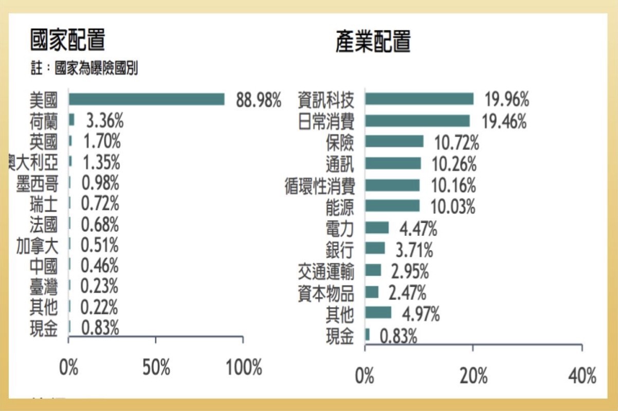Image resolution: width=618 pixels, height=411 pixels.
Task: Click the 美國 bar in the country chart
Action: [147, 99]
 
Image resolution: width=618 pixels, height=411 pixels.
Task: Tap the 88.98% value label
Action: [259, 100]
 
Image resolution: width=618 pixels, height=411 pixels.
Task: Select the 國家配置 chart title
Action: [67, 41]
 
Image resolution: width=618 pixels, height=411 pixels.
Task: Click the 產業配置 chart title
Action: [373, 41]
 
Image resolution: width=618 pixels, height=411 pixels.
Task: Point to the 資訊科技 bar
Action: [419, 99]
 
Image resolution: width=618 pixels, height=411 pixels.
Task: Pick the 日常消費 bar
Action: [417, 121]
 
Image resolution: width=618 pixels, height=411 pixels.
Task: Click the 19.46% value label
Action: [504, 122]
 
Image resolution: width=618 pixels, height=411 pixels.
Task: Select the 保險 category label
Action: [340, 142]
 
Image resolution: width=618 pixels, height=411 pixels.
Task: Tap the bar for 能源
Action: [392, 206]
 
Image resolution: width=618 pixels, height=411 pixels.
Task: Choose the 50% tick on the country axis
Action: [156, 368]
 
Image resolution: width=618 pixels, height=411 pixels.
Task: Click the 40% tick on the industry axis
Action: [582, 376]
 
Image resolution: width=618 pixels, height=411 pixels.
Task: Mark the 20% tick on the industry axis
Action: [473, 376]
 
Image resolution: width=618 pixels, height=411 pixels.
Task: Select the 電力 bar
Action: [377, 228]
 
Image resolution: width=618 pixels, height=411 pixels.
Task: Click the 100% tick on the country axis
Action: [243, 368]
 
